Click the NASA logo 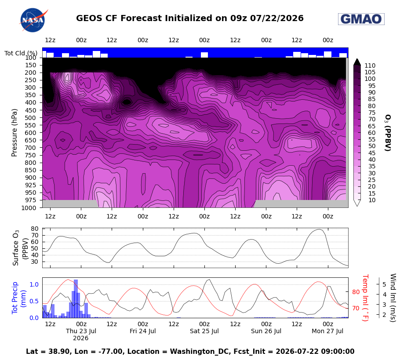tap(33, 20)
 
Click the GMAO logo tap(361, 19)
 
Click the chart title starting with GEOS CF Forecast tap(190, 18)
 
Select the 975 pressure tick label tap(30, 200)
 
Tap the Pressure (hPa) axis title tap(14, 133)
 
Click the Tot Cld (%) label tap(21, 53)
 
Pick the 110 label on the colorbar tap(370, 65)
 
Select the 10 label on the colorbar tap(372, 200)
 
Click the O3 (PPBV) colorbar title tap(388, 133)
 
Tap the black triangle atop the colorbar tap(357, 62)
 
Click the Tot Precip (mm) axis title tap(18, 298)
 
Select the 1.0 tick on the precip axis tap(34, 284)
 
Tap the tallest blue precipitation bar tap(76, 299)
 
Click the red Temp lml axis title tap(365, 298)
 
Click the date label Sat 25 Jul tap(204, 331)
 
